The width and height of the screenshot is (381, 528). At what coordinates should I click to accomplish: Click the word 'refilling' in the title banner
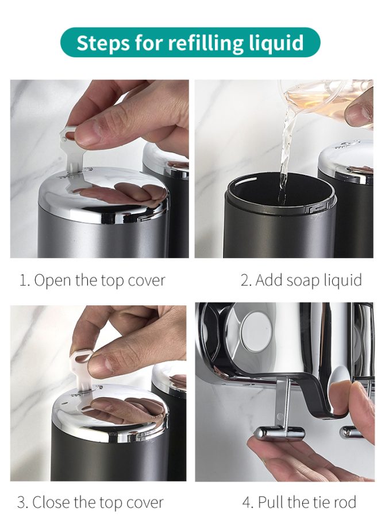[206, 43]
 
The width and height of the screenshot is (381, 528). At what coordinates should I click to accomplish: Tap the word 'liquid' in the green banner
[276, 44]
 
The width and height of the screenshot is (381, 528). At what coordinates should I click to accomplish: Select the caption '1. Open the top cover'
[93, 281]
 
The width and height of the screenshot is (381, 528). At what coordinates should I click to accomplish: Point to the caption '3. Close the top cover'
[90, 503]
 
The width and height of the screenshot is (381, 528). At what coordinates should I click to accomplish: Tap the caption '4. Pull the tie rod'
[299, 502]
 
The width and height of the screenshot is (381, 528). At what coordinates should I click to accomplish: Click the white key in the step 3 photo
[81, 370]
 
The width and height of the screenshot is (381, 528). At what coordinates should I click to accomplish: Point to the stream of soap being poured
[287, 148]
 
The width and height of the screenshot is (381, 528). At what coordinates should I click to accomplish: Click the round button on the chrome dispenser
[256, 332]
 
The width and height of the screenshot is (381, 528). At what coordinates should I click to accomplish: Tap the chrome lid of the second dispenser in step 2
[346, 162]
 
